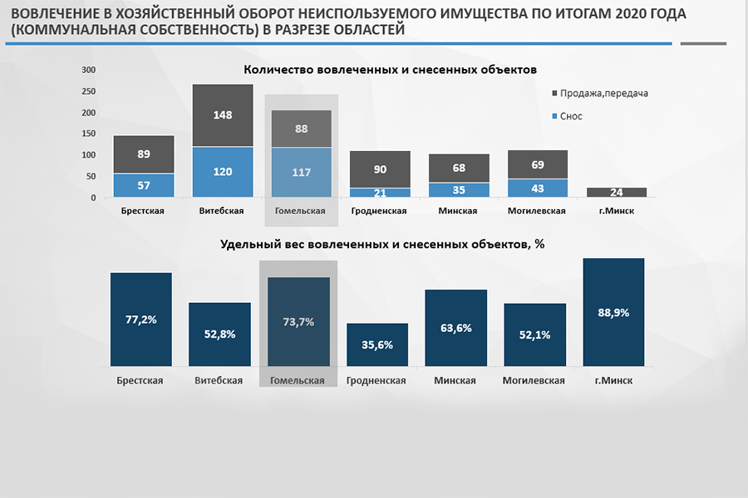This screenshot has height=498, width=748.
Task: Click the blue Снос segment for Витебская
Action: pos(222,172)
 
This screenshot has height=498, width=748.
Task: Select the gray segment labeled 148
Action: pos(222,115)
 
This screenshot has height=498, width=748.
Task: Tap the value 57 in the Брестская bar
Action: pos(144,185)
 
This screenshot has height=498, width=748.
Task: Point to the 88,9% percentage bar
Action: pos(614,312)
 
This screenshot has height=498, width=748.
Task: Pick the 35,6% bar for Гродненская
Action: pos(377,344)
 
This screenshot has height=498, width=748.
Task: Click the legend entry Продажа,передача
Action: pos(603,93)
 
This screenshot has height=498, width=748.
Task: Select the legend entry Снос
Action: pos(571,116)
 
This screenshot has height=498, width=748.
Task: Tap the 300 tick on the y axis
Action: pos(89,70)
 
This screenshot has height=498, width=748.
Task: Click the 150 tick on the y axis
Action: pos(89,134)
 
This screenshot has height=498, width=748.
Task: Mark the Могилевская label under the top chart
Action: pos(537,211)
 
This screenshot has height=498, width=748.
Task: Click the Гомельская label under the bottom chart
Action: pos(298,380)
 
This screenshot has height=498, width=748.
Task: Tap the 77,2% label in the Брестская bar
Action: pos(141,319)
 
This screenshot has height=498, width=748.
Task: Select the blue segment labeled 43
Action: pos(537,188)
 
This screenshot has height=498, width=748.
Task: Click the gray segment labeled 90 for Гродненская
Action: pos(380,169)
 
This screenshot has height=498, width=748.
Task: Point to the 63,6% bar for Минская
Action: pos(456,328)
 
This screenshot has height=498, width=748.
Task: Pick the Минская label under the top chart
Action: pos(458,211)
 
